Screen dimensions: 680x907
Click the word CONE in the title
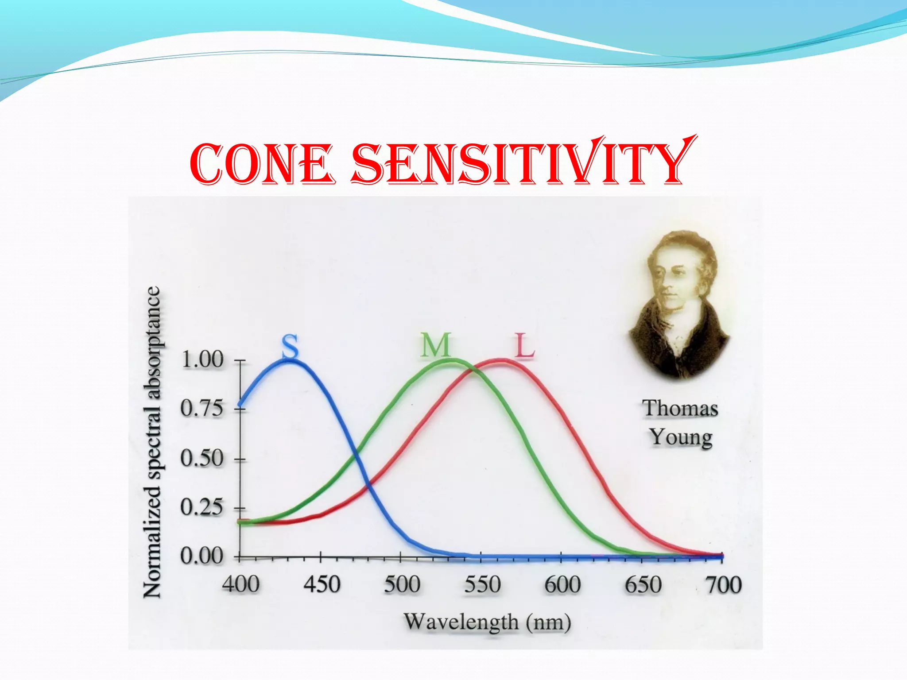tap(261, 164)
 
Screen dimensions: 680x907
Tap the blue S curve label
tap(291, 346)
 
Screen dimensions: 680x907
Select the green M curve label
tap(436, 345)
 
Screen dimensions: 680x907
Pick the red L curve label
tap(525, 345)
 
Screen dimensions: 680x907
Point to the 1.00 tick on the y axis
tap(203, 360)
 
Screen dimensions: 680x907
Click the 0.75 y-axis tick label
tap(202, 408)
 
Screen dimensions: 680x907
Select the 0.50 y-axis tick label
tap(202, 458)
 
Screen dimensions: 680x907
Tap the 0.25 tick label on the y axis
tap(202, 507)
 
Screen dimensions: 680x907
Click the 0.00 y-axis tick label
tap(202, 556)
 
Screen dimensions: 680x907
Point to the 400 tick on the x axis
tap(241, 585)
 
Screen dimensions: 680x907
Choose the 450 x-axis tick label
tap(322, 585)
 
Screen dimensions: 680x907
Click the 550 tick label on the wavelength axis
tap(482, 585)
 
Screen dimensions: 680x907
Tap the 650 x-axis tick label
tap(643, 585)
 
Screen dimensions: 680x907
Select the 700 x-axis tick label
tap(724, 585)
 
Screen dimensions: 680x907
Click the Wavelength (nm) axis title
tap(487, 622)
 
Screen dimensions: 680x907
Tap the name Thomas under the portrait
tap(680, 409)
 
